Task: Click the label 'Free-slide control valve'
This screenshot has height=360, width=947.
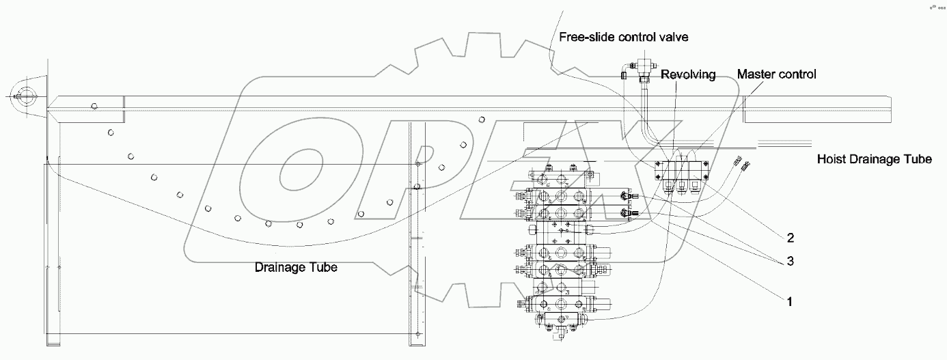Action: (623, 37)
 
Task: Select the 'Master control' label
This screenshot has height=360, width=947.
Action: (776, 74)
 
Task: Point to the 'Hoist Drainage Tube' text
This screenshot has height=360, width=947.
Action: (874, 160)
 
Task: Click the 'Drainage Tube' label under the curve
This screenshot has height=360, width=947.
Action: (296, 267)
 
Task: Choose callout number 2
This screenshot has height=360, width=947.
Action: (790, 238)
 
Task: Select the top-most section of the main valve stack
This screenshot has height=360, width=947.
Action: (557, 178)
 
